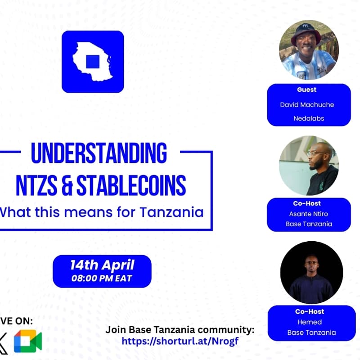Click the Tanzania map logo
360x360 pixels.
pyautogui.click(x=93, y=62)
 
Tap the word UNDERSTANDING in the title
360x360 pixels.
pyautogui.click(x=99, y=153)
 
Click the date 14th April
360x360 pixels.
pyautogui.click(x=102, y=265)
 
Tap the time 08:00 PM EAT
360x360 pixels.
pyautogui.click(x=102, y=279)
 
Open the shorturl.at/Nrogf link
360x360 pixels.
pyautogui.click(x=180, y=341)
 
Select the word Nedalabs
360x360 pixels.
pyautogui.click(x=309, y=118)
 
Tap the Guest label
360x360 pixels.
pyautogui.click(x=306, y=90)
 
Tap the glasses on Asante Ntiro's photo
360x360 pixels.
pyautogui.click(x=316, y=153)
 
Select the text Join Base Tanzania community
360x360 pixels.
pyautogui.click(x=180, y=330)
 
